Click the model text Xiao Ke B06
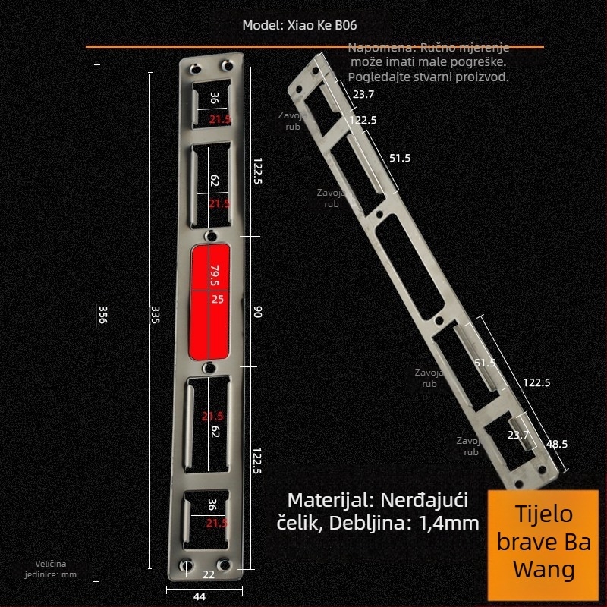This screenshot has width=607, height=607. (x=299, y=24)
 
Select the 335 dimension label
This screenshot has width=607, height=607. (x=156, y=314)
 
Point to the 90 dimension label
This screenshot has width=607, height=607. (x=257, y=312)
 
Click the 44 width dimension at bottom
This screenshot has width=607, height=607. (x=200, y=596)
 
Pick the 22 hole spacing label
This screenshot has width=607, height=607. (x=208, y=574)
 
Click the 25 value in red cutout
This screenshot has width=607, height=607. (x=217, y=299)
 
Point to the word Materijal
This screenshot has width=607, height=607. (x=329, y=501)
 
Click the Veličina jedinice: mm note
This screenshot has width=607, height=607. (x=56, y=569)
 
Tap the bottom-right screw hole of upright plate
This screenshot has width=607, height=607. (x=224, y=565)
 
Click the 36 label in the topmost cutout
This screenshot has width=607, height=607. (x=214, y=98)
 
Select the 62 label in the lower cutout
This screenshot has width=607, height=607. (x=215, y=432)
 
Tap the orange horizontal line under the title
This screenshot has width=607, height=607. (x=314, y=47)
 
